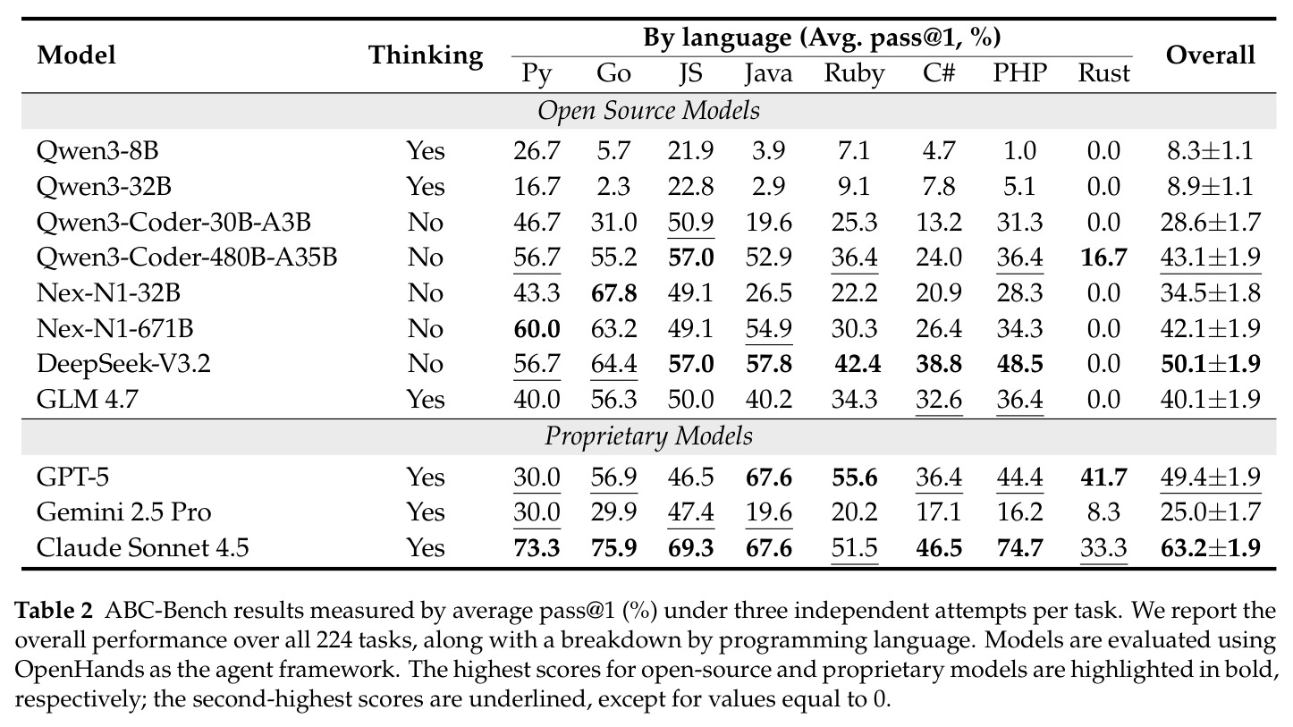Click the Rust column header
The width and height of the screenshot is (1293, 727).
(1103, 73)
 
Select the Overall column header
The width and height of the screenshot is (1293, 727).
(1210, 55)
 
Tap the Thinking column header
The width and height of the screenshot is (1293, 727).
(426, 56)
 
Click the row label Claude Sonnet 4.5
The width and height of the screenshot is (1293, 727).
(142, 547)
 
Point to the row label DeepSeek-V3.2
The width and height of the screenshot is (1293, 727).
(123, 364)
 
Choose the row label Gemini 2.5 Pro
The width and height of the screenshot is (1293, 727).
(123, 511)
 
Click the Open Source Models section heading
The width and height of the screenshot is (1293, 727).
(648, 111)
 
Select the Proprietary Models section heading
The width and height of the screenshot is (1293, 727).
(648, 436)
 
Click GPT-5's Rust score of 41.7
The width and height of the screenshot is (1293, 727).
(1103, 477)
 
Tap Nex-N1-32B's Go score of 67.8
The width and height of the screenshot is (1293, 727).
(613, 293)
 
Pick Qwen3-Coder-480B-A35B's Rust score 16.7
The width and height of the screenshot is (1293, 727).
(1103, 258)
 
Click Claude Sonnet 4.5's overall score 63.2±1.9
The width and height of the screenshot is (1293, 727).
(1211, 547)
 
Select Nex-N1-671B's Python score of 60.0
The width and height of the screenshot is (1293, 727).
(537, 328)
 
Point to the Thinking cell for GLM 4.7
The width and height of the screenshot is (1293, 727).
(426, 400)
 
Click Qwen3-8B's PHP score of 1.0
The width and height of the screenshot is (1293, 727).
(1019, 151)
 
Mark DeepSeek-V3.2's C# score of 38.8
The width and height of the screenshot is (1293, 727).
(939, 364)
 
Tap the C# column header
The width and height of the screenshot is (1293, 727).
(939, 73)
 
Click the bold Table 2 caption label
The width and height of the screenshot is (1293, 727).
(53, 611)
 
